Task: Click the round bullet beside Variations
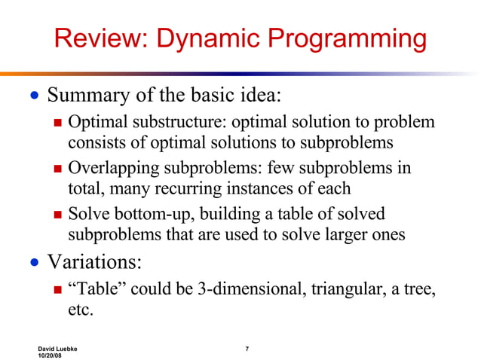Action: pyautogui.click(x=32, y=263)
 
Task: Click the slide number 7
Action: pyautogui.click(x=247, y=348)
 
